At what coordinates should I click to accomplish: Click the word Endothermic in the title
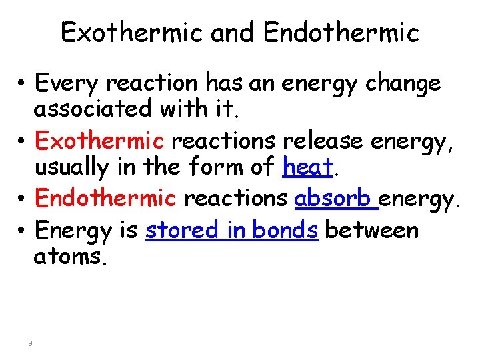pyautogui.click(x=341, y=33)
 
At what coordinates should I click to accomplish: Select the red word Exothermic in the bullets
pyautogui.click(x=99, y=141)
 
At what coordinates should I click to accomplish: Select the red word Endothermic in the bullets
pyautogui.click(x=105, y=198)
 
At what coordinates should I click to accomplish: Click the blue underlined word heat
pyautogui.click(x=307, y=167)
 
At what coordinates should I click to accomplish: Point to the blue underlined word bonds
pyautogui.click(x=284, y=230)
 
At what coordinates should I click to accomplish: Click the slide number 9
pyautogui.click(x=30, y=343)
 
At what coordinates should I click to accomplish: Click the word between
pyautogui.click(x=372, y=230)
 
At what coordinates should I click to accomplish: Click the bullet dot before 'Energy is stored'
pyautogui.click(x=22, y=231)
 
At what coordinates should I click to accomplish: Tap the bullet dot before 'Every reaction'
pyautogui.click(x=22, y=84)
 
